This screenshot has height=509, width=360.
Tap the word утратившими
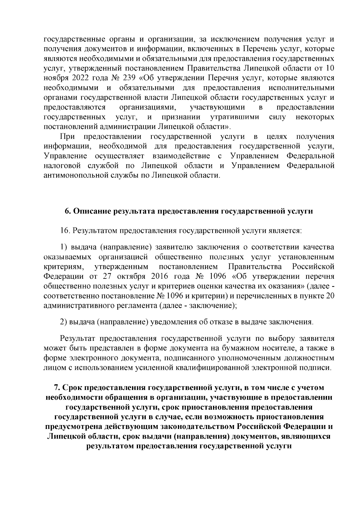tap(235, 117)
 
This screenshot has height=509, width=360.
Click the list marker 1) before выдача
tap(63, 247)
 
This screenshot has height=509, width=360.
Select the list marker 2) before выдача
tap(63, 322)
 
